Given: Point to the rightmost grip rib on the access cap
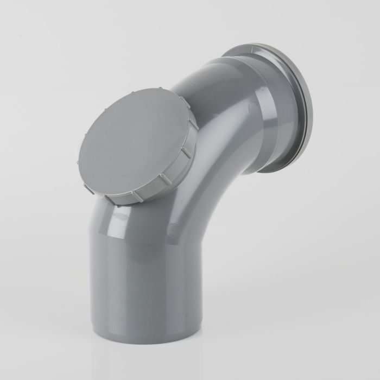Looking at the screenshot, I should tap(187, 153).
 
